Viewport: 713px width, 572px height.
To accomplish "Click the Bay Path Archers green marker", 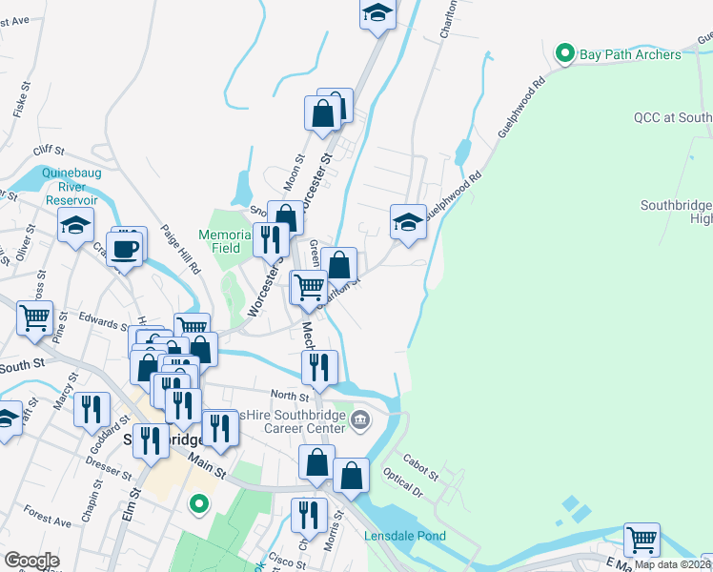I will click(563, 53).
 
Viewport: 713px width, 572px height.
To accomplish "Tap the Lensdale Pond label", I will click(405, 536).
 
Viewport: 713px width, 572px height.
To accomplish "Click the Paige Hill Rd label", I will click(187, 255).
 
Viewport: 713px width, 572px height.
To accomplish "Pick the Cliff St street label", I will click(48, 151).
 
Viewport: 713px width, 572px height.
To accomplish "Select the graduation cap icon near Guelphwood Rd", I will click(408, 222).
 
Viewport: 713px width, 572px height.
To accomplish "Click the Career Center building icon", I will click(361, 419).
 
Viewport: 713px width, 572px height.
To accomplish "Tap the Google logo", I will click(31, 561).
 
